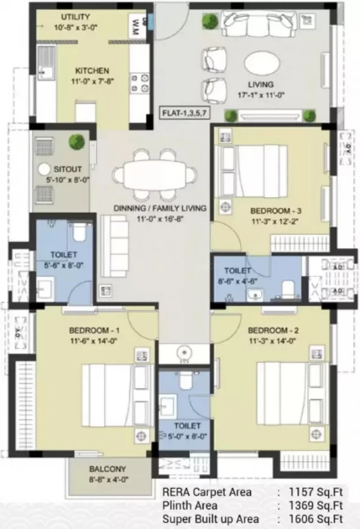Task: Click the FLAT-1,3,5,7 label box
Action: (184, 113)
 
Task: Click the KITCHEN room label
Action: (92, 71)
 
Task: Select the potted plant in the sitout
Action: (76, 142)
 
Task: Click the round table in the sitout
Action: (44, 169)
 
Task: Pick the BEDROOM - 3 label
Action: (276, 211)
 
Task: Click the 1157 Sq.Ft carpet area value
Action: (315, 492)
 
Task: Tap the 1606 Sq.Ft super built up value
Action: (315, 519)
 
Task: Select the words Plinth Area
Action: (190, 506)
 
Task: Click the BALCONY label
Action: (107, 469)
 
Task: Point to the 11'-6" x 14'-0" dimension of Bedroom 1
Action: (94, 341)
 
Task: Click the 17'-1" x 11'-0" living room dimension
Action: (262, 95)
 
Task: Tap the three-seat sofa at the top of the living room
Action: (259, 23)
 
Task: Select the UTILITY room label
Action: (75, 17)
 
